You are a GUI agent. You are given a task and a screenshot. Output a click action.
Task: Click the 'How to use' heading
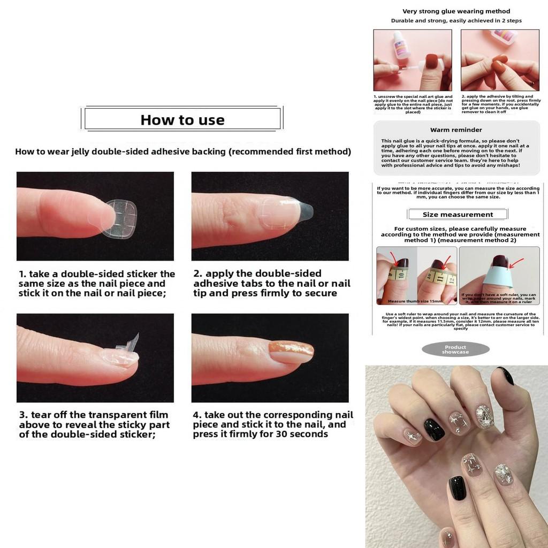coord(182,120)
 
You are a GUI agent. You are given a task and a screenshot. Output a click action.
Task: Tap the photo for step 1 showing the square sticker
coord(95,216)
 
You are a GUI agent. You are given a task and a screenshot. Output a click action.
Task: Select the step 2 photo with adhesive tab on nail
coord(270,216)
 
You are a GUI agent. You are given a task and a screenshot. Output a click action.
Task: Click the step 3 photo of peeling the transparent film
coord(95,357)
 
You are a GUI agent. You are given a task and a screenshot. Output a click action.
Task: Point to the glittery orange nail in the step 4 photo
coord(292,351)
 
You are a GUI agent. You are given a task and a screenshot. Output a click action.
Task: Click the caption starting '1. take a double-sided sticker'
coord(96,284)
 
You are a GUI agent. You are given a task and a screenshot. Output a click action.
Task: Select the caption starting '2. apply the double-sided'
coord(271,284)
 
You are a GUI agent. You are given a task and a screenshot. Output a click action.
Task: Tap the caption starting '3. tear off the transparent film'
coord(94,424)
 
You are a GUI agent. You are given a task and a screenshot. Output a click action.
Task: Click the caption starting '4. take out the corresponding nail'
coord(273,424)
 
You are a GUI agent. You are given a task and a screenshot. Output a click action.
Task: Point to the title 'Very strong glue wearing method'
coord(456,11)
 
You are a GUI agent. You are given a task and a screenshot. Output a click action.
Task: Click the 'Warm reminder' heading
coord(456,130)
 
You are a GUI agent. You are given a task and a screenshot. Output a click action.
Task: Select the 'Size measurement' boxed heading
coord(458,215)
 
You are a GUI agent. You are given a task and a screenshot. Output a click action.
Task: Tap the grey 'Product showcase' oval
coord(455,349)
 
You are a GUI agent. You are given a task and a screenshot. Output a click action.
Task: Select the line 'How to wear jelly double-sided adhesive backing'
coord(183,152)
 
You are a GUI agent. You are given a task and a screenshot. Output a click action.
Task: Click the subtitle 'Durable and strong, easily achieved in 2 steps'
coord(456,21)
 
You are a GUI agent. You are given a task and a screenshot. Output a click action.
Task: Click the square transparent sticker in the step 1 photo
coord(124,216)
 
